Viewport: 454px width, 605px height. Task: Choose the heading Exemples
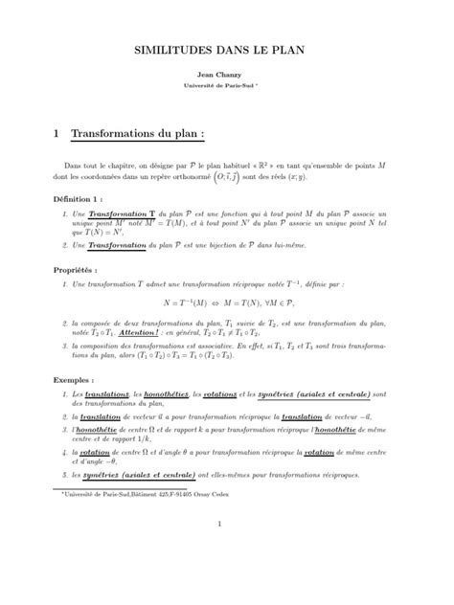[79, 379]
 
